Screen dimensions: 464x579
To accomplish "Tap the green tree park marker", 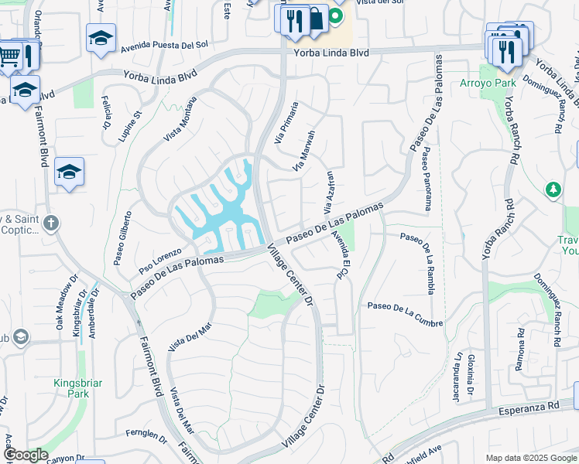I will [553, 189].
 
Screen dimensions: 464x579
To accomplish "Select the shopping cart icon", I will [9, 54].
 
